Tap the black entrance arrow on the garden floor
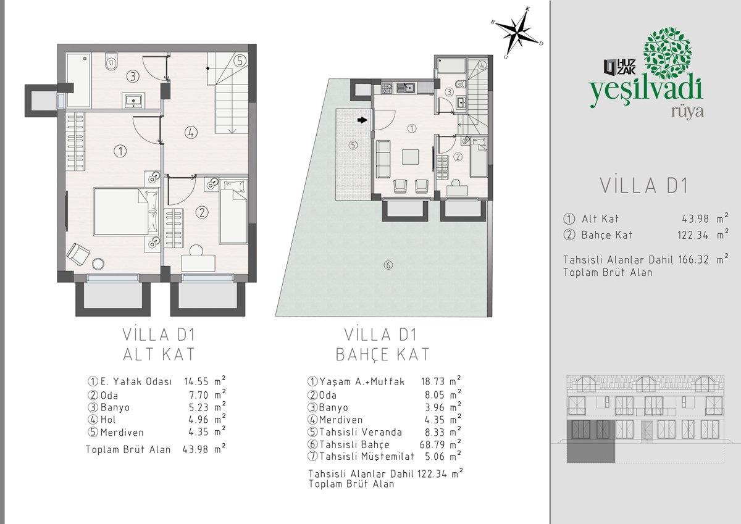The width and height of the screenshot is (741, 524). [363, 120]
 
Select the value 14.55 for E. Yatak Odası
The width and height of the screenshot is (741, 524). [196, 381]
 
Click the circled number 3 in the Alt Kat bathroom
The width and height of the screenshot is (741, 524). [133, 77]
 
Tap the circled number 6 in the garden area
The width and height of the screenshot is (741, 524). [388, 265]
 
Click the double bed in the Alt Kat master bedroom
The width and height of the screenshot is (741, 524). [126, 212]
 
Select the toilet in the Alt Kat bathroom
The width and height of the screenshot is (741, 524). [112, 62]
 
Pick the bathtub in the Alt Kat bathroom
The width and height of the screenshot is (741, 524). [79, 80]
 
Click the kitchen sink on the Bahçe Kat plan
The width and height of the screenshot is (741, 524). [406, 88]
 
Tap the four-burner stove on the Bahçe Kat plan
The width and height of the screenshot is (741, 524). [387, 88]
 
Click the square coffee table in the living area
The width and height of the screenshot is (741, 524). [411, 157]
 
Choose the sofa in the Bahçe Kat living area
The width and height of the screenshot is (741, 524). [383, 159]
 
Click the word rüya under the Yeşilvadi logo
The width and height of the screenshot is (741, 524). [687, 112]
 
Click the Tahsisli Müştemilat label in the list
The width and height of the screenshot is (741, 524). [367, 457]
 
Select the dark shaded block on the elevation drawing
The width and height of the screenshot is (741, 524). [590, 441]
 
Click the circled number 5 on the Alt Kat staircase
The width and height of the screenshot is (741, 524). [240, 61]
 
